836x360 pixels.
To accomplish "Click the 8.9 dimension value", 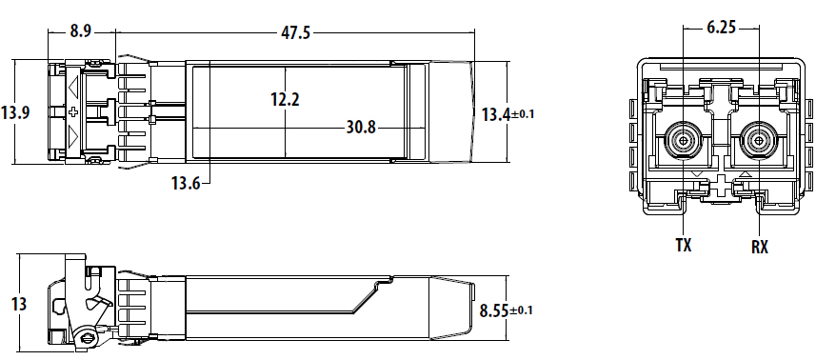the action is [x=81, y=31].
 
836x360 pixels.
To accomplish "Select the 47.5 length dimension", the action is [x=295, y=32].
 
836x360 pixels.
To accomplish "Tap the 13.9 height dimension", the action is [x=15, y=113].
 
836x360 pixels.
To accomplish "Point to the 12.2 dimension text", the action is [x=285, y=99].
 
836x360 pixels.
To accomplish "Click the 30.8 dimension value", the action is [x=361, y=127].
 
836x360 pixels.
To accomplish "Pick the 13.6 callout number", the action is [x=186, y=184].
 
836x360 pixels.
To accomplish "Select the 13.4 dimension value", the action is [x=496, y=114].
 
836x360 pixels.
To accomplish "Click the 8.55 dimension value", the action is [x=494, y=310].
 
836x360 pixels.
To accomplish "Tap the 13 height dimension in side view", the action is [x=19, y=304].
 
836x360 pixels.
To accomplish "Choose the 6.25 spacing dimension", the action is [x=721, y=28].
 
